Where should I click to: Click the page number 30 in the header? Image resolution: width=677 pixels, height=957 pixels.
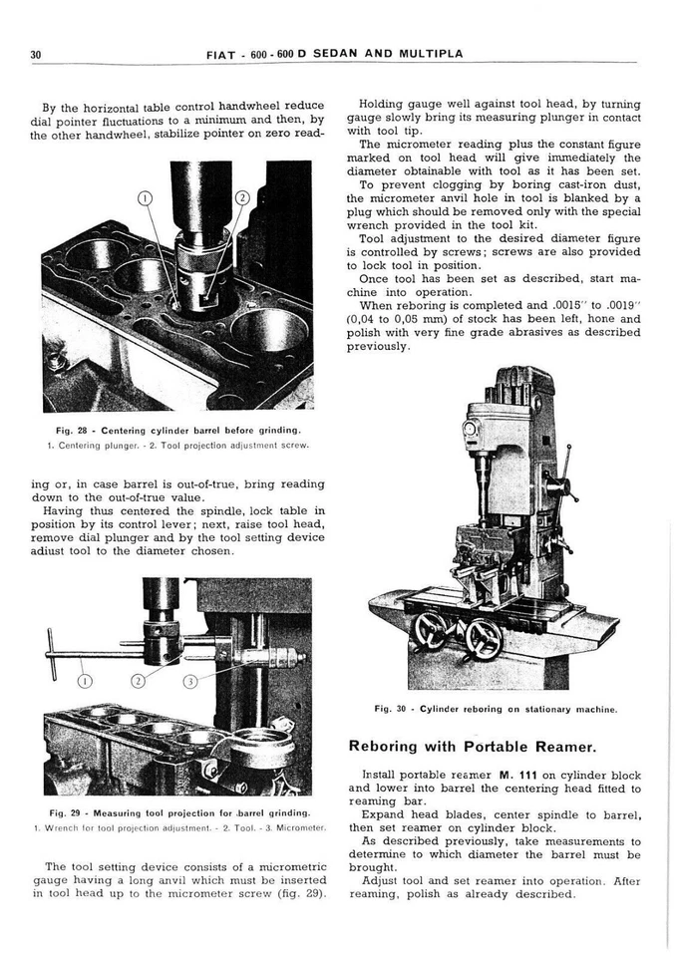point(35,54)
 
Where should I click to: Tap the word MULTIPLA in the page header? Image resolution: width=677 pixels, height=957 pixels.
point(432,54)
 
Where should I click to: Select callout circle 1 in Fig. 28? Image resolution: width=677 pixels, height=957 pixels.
point(146,198)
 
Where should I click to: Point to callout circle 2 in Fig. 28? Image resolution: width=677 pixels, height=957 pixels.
point(241,198)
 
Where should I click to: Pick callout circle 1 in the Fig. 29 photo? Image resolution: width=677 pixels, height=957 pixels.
point(85,681)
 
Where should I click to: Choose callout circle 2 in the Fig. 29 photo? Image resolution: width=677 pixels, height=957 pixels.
point(138,681)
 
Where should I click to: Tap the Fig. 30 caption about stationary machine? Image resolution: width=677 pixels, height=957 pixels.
point(496,709)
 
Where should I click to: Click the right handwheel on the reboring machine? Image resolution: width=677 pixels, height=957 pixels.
point(484,639)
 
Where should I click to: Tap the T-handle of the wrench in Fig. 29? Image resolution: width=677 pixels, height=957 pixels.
point(50,653)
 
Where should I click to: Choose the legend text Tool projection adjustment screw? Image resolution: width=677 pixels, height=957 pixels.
point(239,445)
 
